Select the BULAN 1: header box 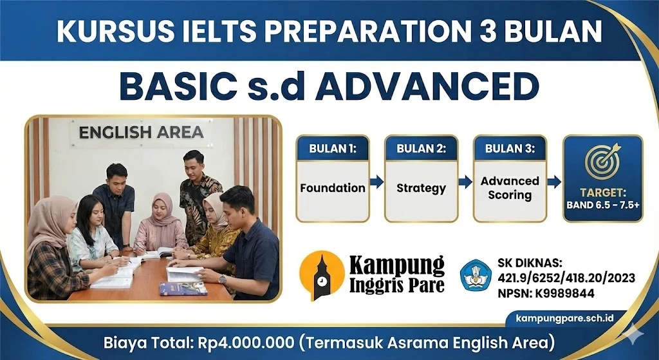pos(332,148)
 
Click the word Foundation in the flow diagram pos(332,188)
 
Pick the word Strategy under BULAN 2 pos(421,188)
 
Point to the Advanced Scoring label pos(510,188)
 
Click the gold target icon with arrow pos(603,160)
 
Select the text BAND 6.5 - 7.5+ pos(603,205)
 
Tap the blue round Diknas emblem pos(476,276)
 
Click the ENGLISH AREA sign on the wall pos(141,133)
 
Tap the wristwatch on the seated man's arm pos(223,279)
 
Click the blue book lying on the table pos(183,288)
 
